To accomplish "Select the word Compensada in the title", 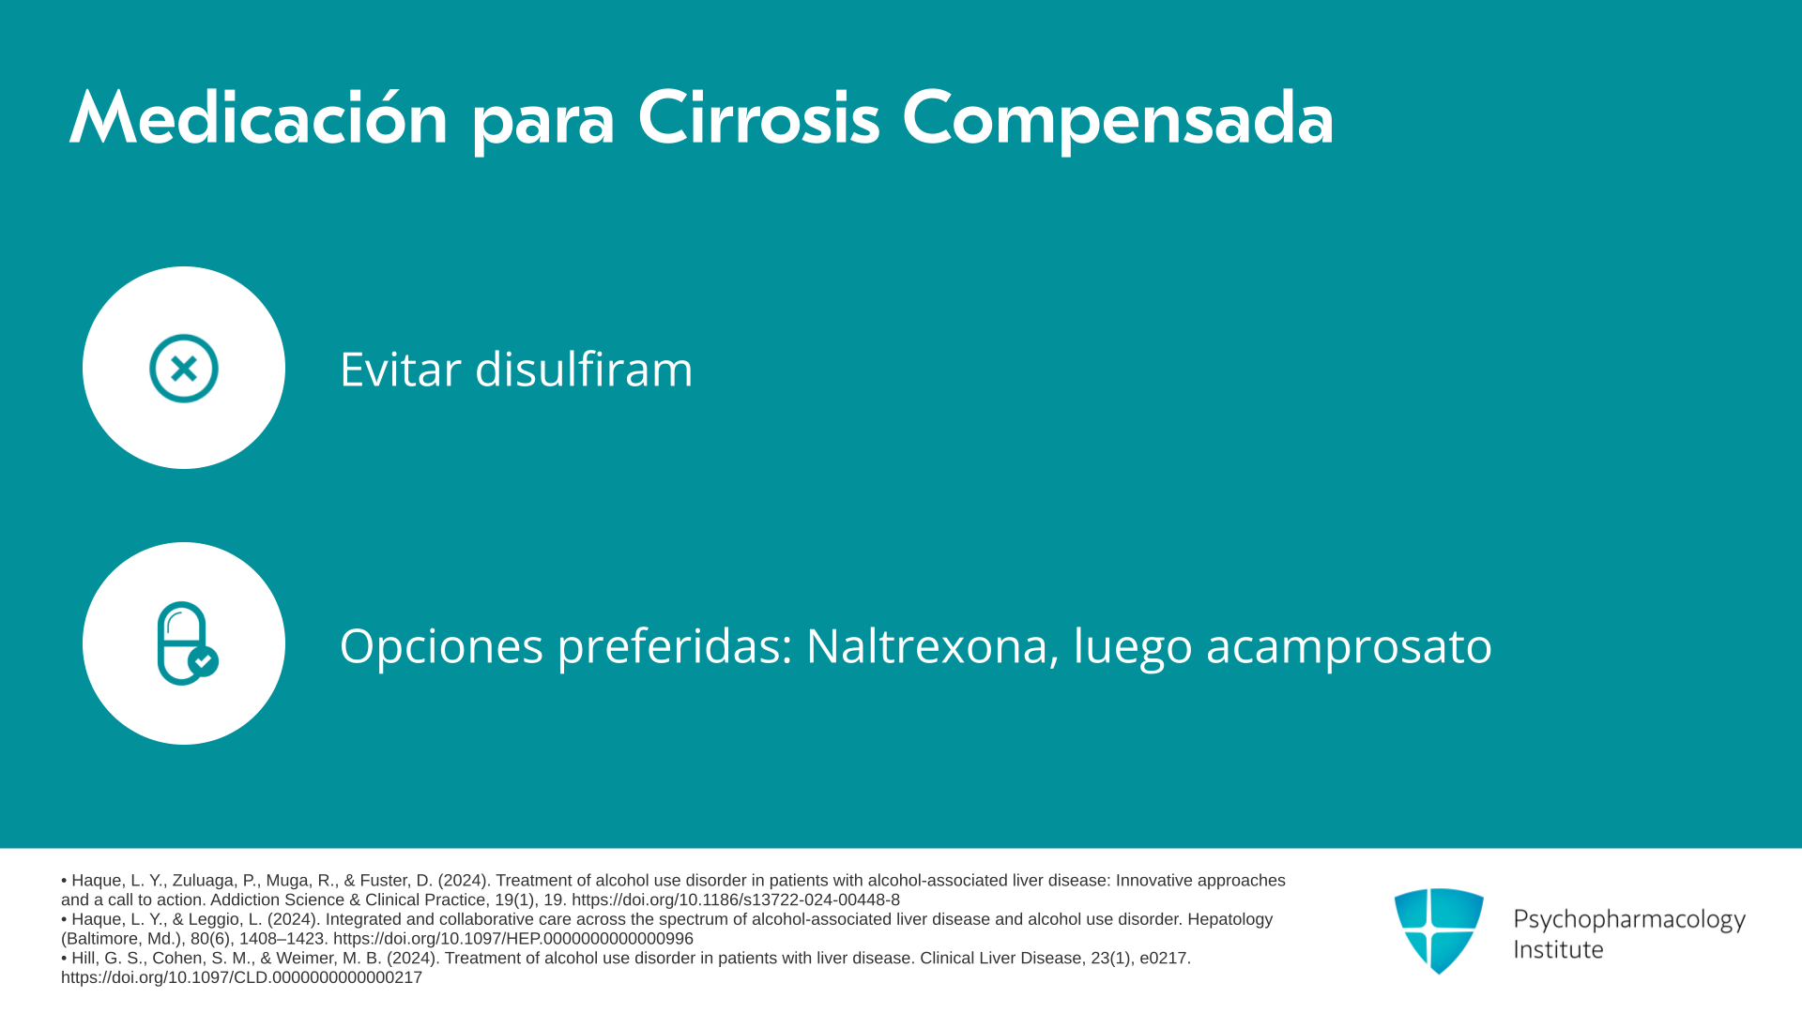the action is point(1118,119).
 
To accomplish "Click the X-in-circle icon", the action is point(184,368).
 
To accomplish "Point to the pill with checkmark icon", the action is point(187,643).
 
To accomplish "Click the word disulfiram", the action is point(584,369).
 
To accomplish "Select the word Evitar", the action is point(401,369).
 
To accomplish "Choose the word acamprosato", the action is point(1349,646).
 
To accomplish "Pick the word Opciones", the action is point(441,646).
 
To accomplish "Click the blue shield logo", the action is point(1439,930).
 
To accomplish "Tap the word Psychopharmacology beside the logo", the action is point(1629,919).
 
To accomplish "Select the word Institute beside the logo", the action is point(1559,949).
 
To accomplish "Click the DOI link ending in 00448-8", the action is point(736,900).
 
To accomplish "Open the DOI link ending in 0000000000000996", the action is point(513,939).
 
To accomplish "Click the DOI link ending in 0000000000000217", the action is point(241,977).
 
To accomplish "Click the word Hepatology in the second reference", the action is point(1229,919).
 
